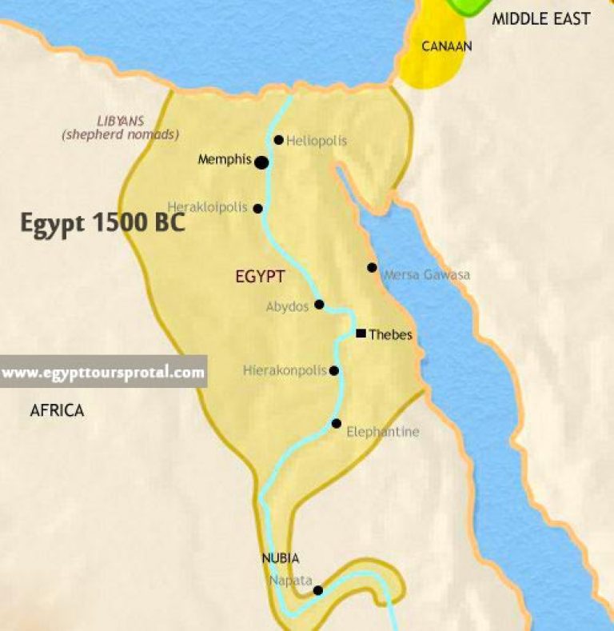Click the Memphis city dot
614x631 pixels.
[261, 162]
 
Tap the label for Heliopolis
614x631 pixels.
[317, 141]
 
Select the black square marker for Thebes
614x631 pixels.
[361, 333]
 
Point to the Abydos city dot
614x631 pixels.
[319, 304]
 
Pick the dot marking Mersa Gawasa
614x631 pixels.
[372, 267]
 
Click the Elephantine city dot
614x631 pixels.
[337, 423]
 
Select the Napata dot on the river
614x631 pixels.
[317, 591]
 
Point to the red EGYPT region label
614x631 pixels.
[261, 277]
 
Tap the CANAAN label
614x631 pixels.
[446, 46]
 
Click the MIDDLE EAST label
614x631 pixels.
[540, 18]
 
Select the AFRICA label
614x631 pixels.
[57, 411]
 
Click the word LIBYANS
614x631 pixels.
[121, 121]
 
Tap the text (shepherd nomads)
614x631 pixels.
[121, 134]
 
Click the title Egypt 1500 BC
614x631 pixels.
[102, 223]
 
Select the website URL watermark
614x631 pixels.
[103, 372]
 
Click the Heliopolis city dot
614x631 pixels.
[278, 140]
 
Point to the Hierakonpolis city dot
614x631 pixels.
[334, 370]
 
